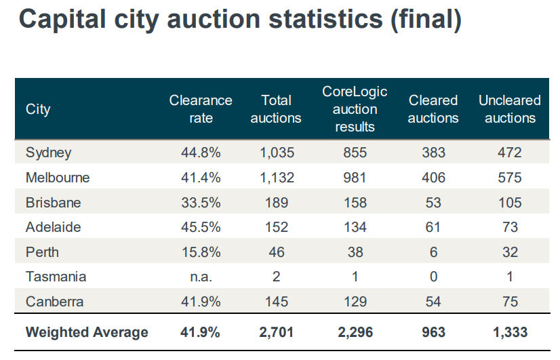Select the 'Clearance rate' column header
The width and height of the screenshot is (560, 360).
(x=201, y=108)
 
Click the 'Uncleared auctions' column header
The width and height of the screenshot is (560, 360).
(x=510, y=108)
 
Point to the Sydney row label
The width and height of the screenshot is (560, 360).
(x=48, y=153)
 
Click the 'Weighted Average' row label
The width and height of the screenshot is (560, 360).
(x=87, y=332)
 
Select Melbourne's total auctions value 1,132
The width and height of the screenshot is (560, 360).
(x=276, y=178)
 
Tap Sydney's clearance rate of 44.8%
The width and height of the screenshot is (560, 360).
(x=201, y=153)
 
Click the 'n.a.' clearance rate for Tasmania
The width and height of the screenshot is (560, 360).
(x=201, y=277)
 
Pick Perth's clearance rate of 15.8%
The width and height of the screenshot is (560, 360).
(x=201, y=252)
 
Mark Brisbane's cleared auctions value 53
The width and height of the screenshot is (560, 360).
(x=433, y=202)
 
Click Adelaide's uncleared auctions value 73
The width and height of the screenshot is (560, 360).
(x=510, y=227)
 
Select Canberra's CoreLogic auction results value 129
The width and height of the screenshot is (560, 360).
(x=355, y=302)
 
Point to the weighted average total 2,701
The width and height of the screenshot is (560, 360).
(x=276, y=332)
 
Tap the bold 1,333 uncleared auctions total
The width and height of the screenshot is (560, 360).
(x=510, y=332)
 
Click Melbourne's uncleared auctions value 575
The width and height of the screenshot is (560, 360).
(x=510, y=178)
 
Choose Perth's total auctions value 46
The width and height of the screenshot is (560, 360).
(x=276, y=252)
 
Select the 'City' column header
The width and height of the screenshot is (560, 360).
(x=38, y=108)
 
